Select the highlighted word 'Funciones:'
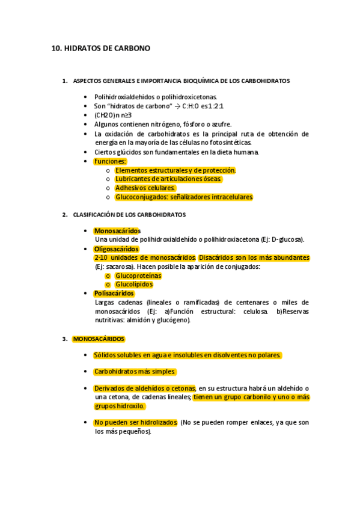click(x=110, y=161)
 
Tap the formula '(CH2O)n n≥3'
click(x=113, y=115)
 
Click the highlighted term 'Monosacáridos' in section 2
click(x=117, y=231)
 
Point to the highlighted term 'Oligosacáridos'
click(x=117, y=249)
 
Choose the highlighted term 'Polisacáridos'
click(x=114, y=293)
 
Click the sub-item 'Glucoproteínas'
click(x=138, y=275)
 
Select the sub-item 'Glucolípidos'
click(x=134, y=284)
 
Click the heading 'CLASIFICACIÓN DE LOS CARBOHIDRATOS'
click(x=129, y=215)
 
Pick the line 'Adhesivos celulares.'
click(x=145, y=188)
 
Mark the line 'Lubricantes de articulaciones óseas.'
click(x=168, y=179)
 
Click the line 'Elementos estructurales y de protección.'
click(x=175, y=170)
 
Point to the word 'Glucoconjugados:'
click(x=142, y=197)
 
